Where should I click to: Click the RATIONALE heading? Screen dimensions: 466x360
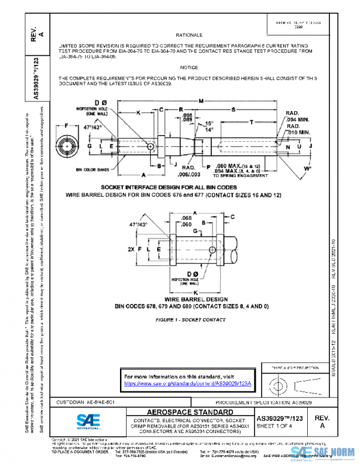[194, 35]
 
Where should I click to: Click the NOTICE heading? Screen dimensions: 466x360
[194, 68]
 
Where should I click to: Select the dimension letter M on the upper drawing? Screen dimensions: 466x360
[200, 100]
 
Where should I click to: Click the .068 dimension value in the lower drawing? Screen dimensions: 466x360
[187, 218]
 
